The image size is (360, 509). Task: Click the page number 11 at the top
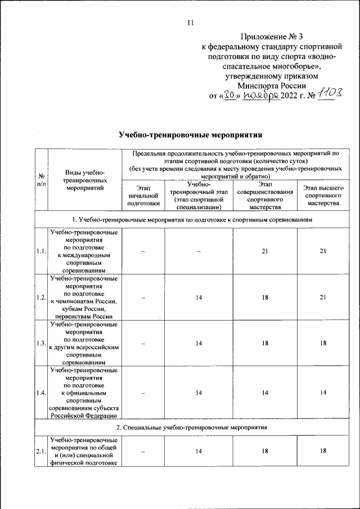click(190, 23)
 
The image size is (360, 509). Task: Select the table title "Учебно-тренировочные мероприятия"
click(191, 135)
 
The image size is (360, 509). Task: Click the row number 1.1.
click(41, 251)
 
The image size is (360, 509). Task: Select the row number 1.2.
click(41, 297)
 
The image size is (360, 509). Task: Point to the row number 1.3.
click(41, 343)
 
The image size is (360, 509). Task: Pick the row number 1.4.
click(41, 393)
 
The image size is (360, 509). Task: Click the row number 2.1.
click(41, 451)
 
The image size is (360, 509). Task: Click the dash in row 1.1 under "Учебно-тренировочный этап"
click(199, 251)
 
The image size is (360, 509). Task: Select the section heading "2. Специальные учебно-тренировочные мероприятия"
click(191, 427)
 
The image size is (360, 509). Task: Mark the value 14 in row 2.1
click(199, 451)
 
